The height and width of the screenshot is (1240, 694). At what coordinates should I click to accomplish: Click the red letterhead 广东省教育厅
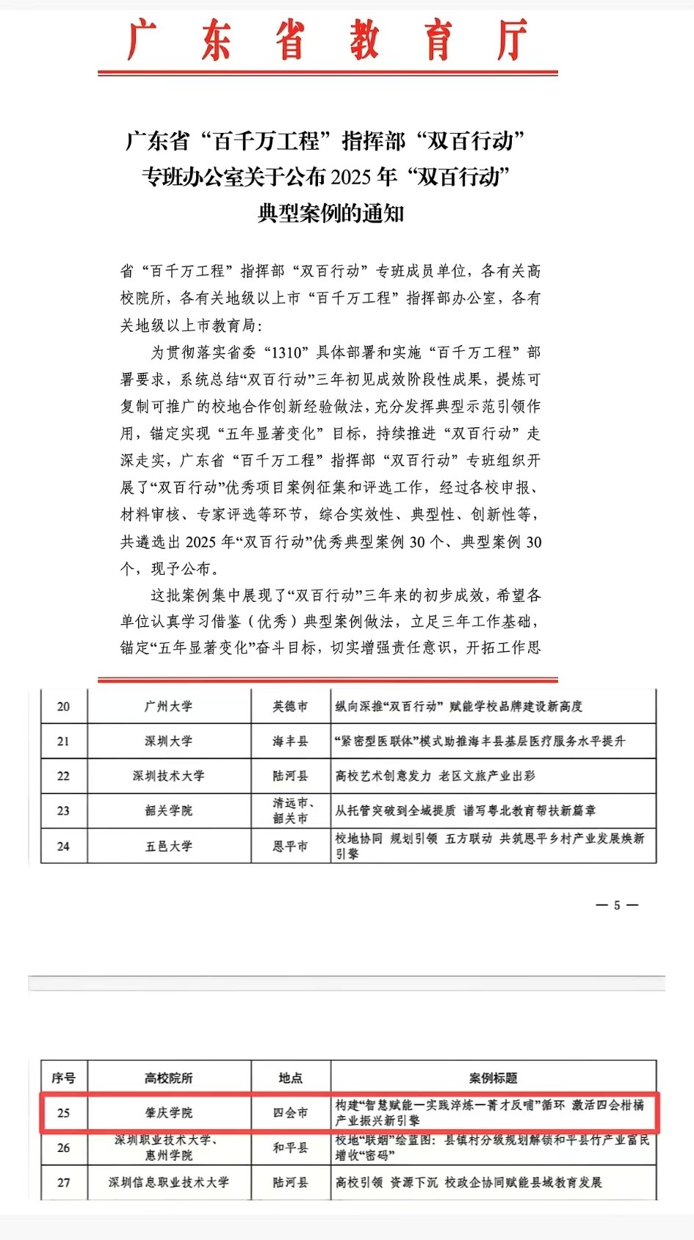[328, 40]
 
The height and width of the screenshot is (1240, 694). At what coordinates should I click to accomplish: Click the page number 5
[617, 905]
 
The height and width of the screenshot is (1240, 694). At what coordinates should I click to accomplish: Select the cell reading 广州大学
[169, 706]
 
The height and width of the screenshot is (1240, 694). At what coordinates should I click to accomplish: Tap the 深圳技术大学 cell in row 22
[169, 776]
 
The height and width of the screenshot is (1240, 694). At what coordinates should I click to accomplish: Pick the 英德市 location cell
[291, 706]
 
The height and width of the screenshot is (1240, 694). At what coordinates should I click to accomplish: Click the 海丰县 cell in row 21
[291, 742]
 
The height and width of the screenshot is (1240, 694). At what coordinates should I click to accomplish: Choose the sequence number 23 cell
[64, 811]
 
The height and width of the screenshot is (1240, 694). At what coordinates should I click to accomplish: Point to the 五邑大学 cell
[169, 846]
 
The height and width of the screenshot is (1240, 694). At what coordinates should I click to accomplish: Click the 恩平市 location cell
[291, 846]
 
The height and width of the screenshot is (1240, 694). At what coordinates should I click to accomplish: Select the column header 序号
[64, 1078]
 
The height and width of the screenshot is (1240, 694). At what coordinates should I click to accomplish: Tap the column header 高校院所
[169, 1078]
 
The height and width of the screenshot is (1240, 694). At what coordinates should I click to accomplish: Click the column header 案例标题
[494, 1078]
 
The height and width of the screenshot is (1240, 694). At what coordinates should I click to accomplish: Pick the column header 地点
[291, 1078]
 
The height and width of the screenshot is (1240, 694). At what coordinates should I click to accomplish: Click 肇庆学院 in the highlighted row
[169, 1113]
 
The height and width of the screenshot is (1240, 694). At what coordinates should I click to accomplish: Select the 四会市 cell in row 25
[291, 1113]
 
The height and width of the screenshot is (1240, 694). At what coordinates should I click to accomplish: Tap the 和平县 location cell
[291, 1147]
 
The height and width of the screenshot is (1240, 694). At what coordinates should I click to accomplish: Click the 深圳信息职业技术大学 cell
[169, 1183]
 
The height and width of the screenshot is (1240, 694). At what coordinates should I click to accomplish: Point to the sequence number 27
[64, 1183]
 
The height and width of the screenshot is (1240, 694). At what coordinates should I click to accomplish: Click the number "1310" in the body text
[286, 353]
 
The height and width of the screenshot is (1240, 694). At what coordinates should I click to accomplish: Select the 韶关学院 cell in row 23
[169, 811]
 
